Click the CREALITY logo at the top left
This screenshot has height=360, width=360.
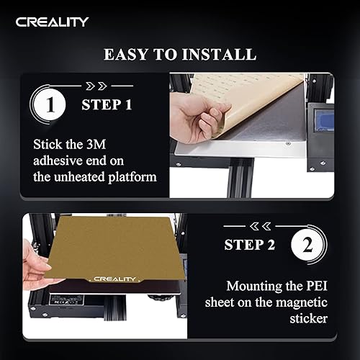point(53,21)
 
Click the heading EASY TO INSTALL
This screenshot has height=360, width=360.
point(179,55)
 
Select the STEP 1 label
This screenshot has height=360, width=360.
point(107,105)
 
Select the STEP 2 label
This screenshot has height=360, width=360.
point(250,245)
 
